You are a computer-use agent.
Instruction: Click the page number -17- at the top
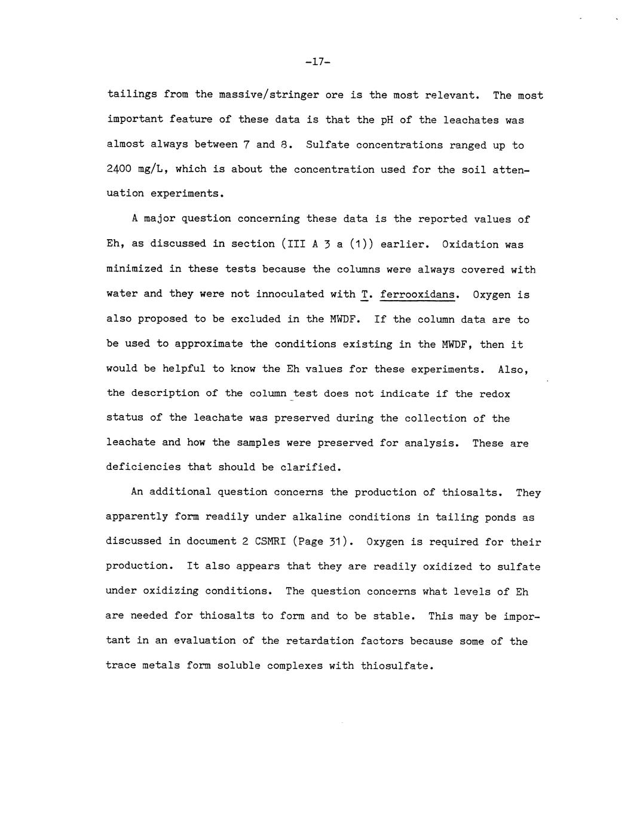(x=318, y=62)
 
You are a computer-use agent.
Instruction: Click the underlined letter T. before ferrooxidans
(x=365, y=294)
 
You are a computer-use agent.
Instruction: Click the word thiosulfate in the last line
(x=395, y=665)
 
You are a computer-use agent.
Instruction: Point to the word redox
(x=495, y=393)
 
